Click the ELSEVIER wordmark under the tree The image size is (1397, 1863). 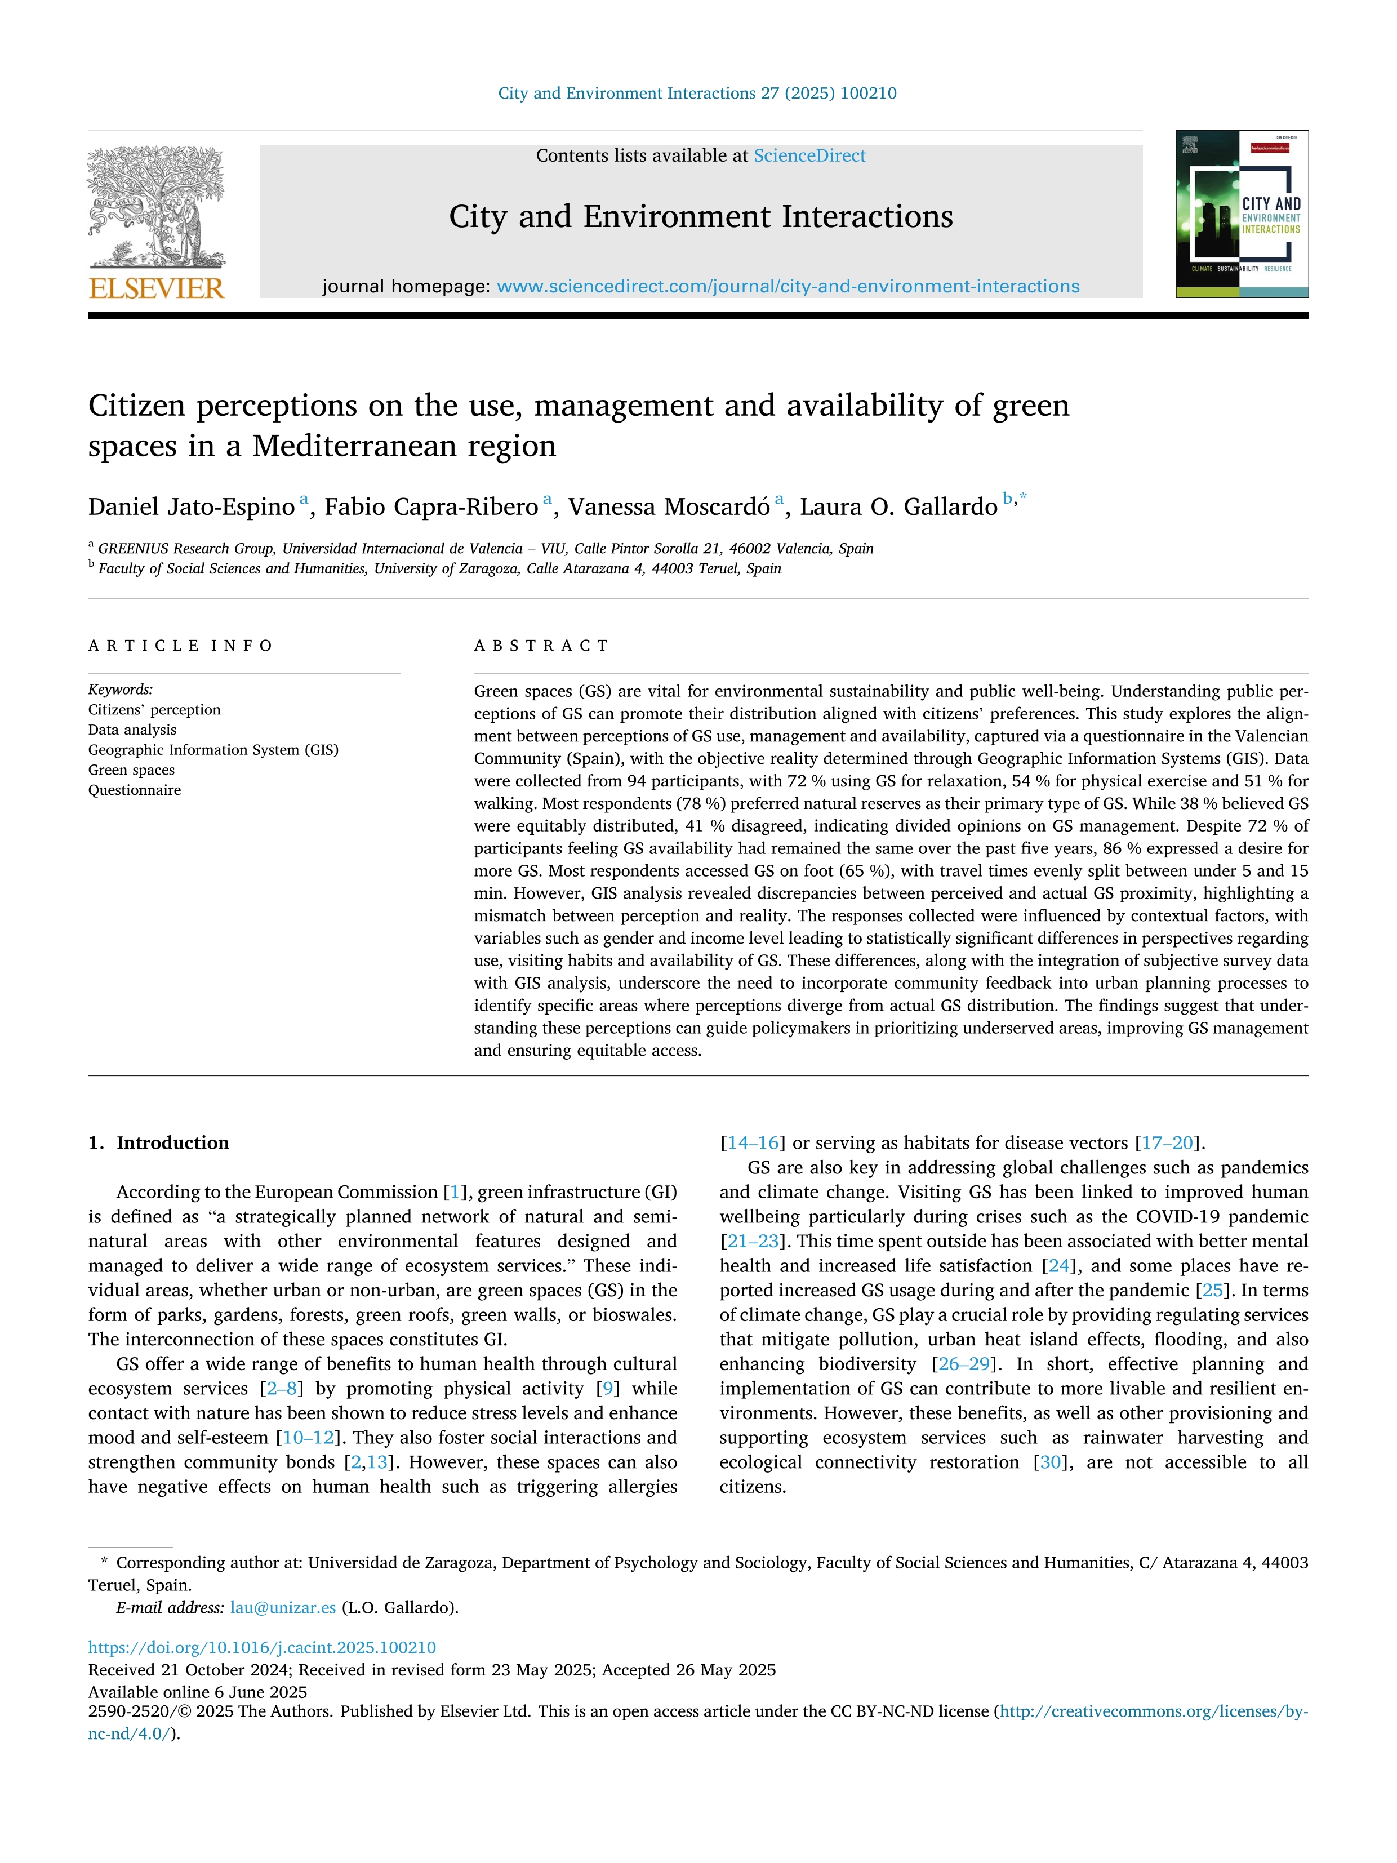157,289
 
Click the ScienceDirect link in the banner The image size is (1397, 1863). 809,156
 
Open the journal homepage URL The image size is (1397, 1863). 788,286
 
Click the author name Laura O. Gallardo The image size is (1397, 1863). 898,507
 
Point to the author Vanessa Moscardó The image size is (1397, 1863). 669,507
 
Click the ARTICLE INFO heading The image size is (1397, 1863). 180,646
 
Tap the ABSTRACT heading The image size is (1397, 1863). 541,646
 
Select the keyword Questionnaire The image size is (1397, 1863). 135,790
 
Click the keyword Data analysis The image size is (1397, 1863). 132,730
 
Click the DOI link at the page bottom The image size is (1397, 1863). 262,1647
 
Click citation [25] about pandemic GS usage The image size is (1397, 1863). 1213,1290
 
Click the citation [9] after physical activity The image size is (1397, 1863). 607,1388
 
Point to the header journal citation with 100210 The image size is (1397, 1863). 697,94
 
